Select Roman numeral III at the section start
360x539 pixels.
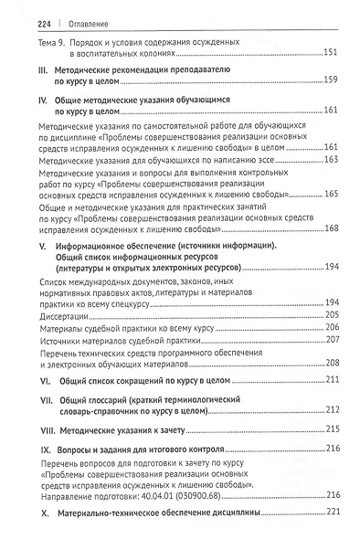click(x=26, y=69)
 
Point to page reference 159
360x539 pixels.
click(x=331, y=81)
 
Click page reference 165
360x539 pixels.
click(x=331, y=194)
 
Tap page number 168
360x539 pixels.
click(x=331, y=227)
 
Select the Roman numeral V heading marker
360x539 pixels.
click(x=26, y=247)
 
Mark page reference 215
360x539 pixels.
click(x=332, y=429)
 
